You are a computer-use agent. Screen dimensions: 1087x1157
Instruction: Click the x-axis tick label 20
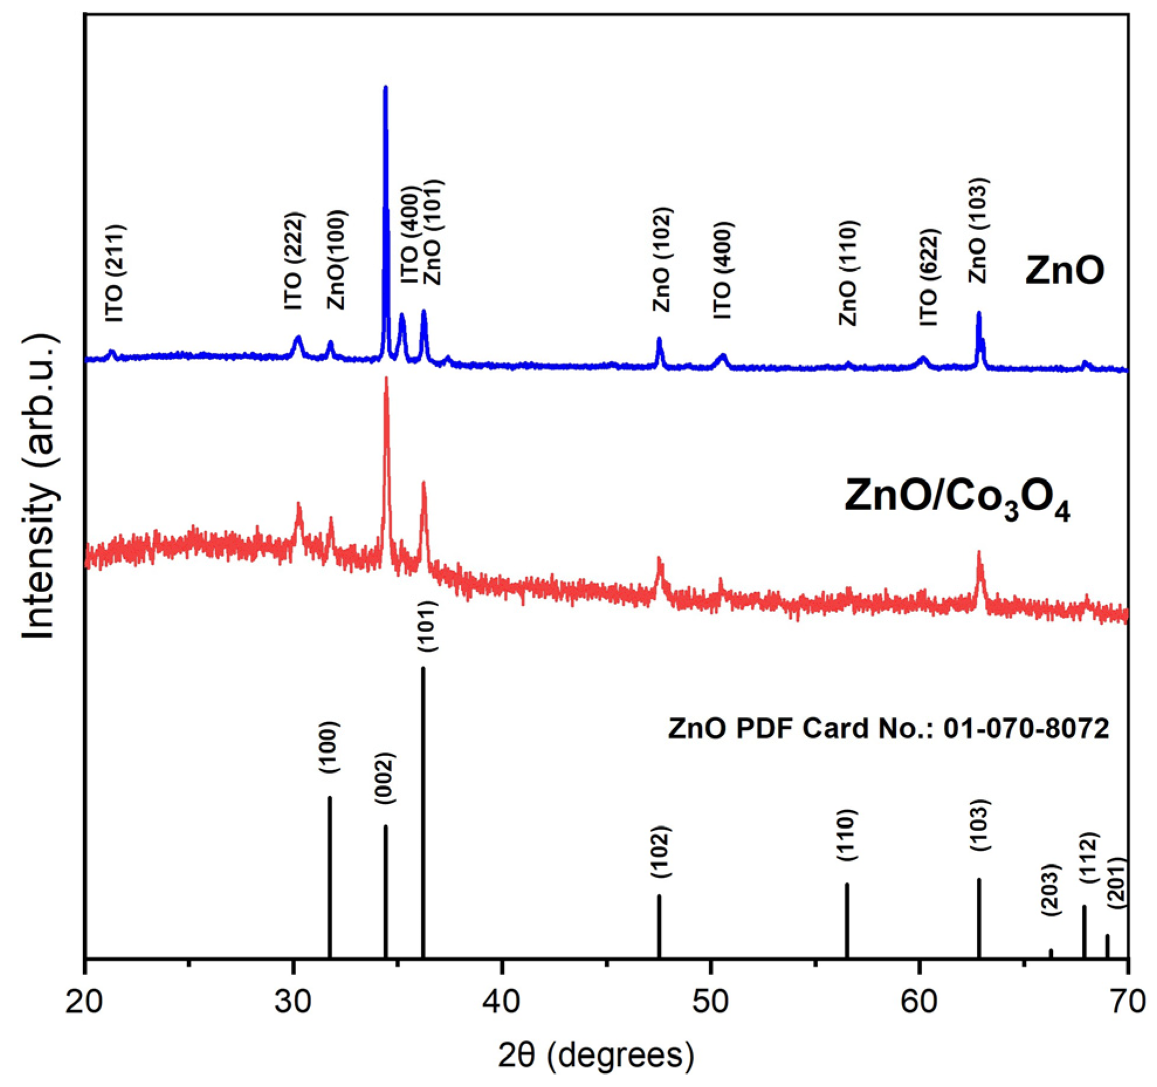(x=85, y=1002)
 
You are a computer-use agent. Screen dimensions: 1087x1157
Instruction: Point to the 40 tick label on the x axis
(x=502, y=1002)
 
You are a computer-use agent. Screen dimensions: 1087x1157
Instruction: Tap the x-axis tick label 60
(x=919, y=1002)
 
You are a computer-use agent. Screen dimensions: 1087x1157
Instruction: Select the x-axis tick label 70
(x=1127, y=1002)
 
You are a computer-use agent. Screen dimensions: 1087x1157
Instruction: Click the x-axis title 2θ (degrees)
(x=596, y=1057)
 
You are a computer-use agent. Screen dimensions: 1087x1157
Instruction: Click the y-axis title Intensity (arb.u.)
(x=40, y=489)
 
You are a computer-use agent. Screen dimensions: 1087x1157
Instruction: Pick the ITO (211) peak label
(x=115, y=273)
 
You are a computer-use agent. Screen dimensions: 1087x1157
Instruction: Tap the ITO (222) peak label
(x=294, y=261)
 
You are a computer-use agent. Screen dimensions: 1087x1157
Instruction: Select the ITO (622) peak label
(x=929, y=277)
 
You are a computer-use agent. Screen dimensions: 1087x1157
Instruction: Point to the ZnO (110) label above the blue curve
(x=848, y=273)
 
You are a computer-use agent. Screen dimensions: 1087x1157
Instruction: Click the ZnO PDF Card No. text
(x=888, y=729)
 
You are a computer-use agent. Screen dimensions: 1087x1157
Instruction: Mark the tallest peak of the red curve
(x=386, y=380)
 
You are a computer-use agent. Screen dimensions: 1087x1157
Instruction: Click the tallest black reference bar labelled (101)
(x=423, y=820)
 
